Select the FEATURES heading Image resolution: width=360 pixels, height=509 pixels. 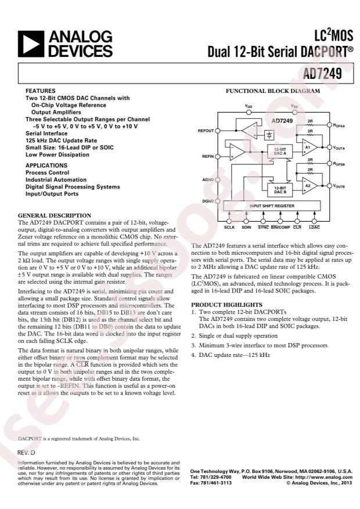pyautogui.click(x=41, y=91)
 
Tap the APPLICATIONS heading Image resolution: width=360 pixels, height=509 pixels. pyautogui.click(x=46, y=165)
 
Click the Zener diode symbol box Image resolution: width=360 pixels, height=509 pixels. pyautogui.click(x=269, y=135)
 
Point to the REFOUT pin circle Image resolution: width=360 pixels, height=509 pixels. pyautogui.click(x=218, y=131)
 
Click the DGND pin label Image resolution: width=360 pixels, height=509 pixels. pyautogui.click(x=207, y=200)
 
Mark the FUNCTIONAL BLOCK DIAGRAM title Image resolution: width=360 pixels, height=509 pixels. pyautogui.click(x=272, y=91)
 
